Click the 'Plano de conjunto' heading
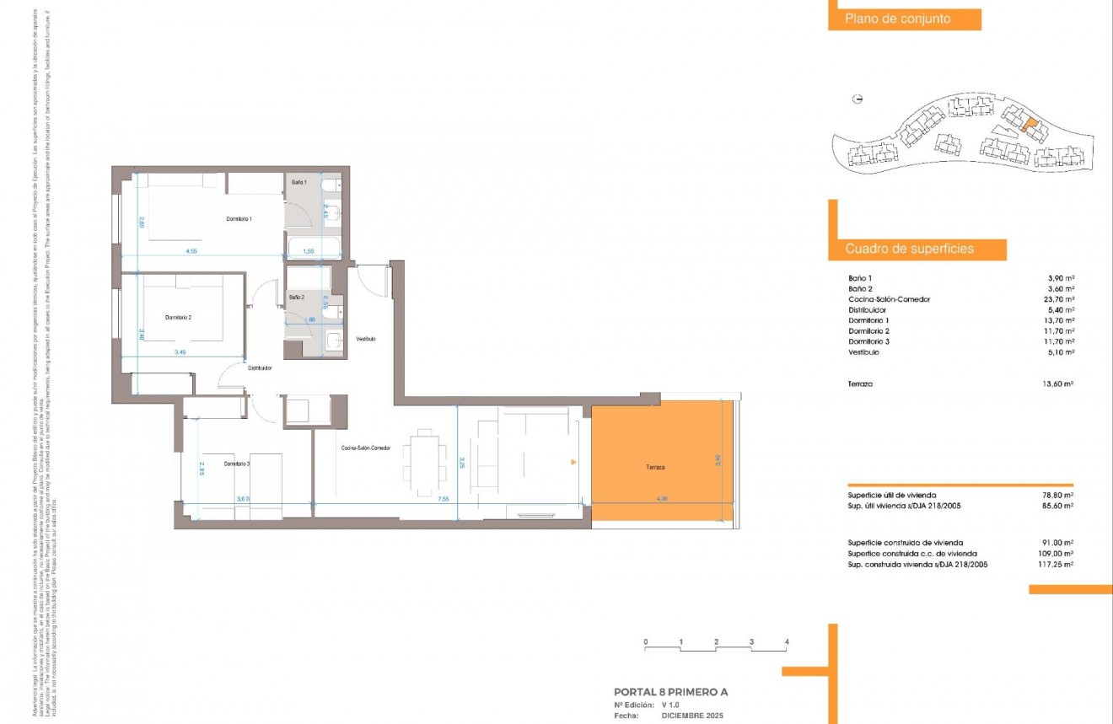898,19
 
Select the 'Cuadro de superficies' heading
909,249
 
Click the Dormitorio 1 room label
239,219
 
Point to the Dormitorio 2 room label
179,318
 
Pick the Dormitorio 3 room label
240,464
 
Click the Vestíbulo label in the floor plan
365,339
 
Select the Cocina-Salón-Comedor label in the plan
366,448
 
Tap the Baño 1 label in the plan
299,182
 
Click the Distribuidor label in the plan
259,368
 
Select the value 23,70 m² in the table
1058,299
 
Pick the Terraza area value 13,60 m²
1058,383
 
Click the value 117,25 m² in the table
1056,565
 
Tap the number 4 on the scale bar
786,642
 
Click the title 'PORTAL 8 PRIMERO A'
670,692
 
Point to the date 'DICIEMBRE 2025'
692,715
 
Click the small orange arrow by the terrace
573,462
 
